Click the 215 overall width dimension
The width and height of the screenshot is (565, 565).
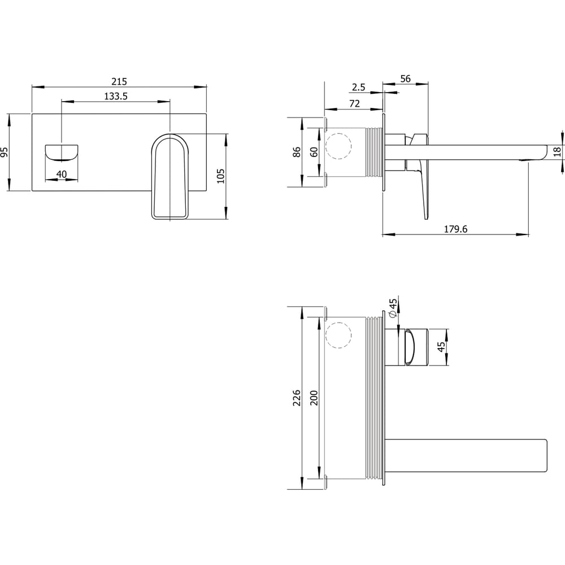pos(119,82)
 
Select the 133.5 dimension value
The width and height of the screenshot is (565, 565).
pos(116,97)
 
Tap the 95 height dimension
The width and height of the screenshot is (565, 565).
pos(5,152)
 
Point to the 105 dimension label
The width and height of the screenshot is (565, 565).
pos(220,176)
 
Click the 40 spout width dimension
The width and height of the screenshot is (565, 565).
pos(62,175)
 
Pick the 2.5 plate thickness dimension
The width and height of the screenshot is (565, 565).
pos(359,87)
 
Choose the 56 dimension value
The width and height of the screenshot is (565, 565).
pos(405,79)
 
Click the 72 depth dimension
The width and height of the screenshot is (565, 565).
pos(355,104)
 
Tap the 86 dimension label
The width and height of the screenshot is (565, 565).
pos(297,152)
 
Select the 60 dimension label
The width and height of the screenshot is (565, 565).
pos(314,152)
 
